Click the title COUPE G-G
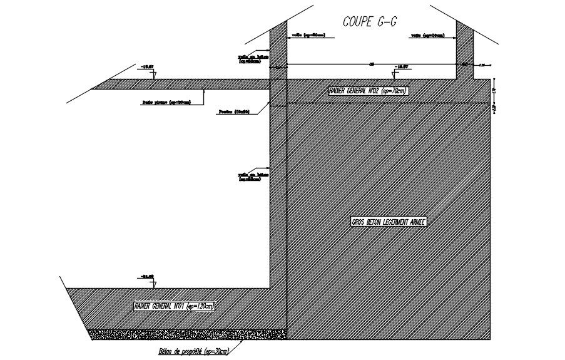click(x=370, y=21)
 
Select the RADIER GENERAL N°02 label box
click(x=369, y=91)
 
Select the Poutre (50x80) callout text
click(x=234, y=112)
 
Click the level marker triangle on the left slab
click(x=154, y=71)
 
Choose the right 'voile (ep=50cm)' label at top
click(x=429, y=36)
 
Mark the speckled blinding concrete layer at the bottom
click(x=188, y=334)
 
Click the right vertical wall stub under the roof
click(x=464, y=50)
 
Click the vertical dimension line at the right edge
click(x=494, y=97)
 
